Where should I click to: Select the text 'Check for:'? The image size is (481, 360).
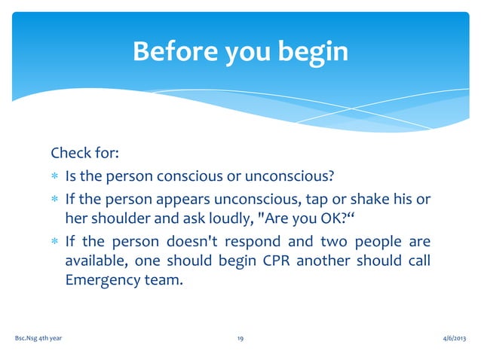click(84, 154)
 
